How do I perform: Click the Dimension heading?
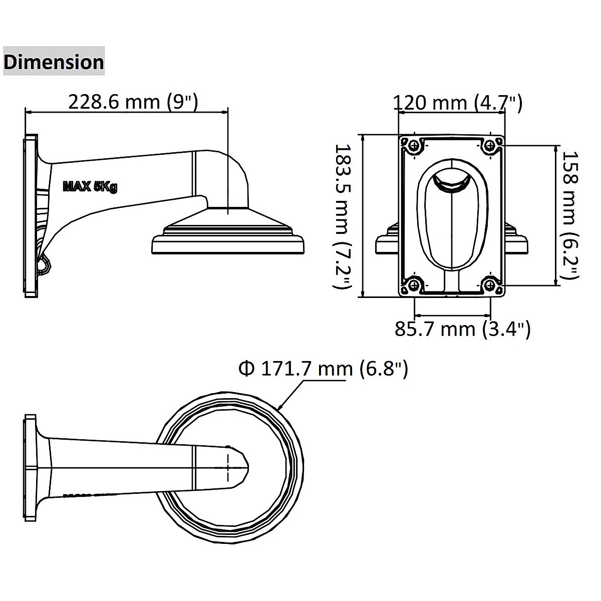pyautogui.click(x=54, y=62)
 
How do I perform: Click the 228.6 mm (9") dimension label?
pyautogui.click(x=133, y=102)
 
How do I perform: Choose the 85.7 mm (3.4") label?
pyautogui.click(x=462, y=329)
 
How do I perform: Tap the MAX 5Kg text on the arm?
pyautogui.click(x=90, y=187)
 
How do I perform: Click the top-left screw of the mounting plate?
pyautogui.click(x=414, y=145)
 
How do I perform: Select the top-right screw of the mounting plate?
pyautogui.click(x=490, y=145)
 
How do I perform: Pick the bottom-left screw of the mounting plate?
pyautogui.click(x=414, y=285)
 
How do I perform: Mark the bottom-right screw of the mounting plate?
pyautogui.click(x=490, y=285)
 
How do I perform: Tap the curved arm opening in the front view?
pyautogui.click(x=452, y=180)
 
